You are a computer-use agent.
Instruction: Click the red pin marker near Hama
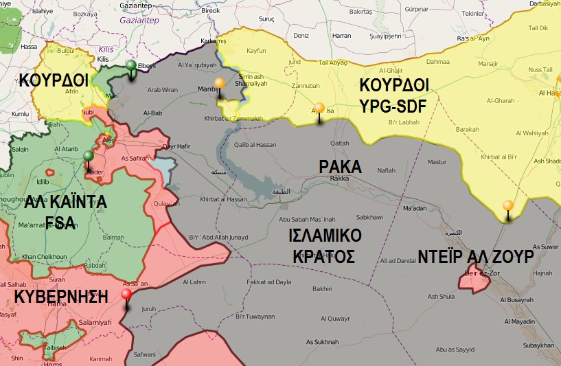point(126,295)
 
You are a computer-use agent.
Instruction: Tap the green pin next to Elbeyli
point(131,67)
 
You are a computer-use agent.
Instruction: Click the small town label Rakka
point(340,179)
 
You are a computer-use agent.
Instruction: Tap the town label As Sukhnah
point(321,342)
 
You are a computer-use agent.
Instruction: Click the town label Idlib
point(43,181)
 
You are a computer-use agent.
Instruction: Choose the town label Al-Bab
point(152,112)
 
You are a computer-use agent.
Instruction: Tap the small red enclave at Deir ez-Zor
point(472,280)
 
